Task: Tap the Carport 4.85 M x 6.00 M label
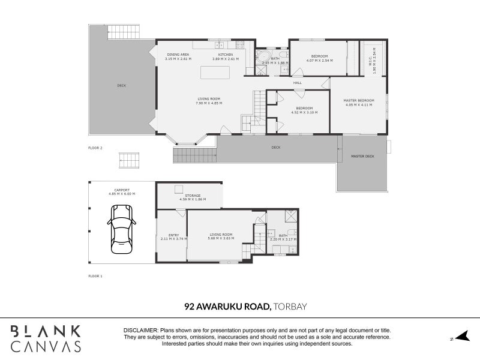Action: pos(122,192)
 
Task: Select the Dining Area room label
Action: pos(178,57)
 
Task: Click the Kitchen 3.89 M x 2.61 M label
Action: pos(225,57)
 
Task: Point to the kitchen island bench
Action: pos(217,73)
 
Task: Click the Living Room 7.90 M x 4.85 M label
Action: pos(209,101)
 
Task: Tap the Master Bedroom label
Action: pos(359,102)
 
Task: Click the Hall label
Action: pos(297,83)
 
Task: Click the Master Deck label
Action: pos(362,157)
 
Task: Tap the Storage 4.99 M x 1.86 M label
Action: pos(193,197)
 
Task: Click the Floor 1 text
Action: pos(95,277)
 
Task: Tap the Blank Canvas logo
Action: pos(46,338)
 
